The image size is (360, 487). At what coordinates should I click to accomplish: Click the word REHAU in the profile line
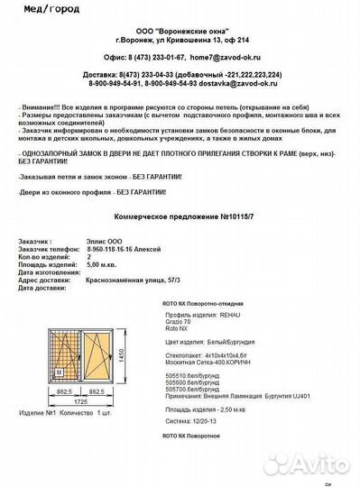tap(230, 317)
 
